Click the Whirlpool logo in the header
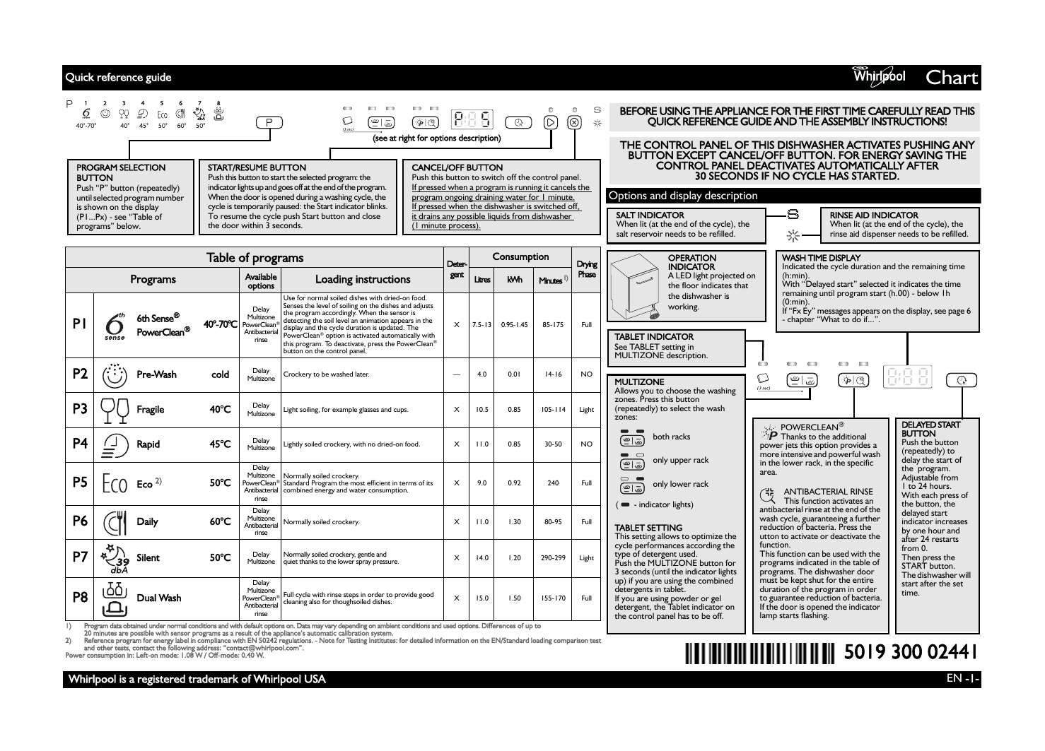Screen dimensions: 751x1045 pos(879,76)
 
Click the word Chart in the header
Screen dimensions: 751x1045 pos(952,78)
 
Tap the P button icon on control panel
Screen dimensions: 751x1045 pos(268,122)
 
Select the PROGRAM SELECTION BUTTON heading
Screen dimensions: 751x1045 pos(120,172)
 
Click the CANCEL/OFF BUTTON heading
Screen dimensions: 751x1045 pos(457,167)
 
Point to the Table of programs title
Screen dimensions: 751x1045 pos(255,258)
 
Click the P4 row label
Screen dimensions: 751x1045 pos(80,444)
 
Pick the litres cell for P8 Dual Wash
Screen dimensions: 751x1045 pos(481,598)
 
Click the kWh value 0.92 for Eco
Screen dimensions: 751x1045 pos(514,483)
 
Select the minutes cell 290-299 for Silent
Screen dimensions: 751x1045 pos(552,557)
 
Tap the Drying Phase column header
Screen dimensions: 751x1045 pos(586,269)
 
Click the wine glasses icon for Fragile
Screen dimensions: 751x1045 pos(115,409)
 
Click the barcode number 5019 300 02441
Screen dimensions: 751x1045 pos(911,651)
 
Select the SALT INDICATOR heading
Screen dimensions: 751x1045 pos(650,215)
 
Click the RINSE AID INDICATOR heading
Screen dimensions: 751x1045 pos(874,215)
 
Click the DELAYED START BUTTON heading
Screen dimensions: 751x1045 pos(930,429)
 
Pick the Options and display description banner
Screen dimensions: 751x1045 pos(683,196)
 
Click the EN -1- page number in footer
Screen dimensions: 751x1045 pos(962,678)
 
